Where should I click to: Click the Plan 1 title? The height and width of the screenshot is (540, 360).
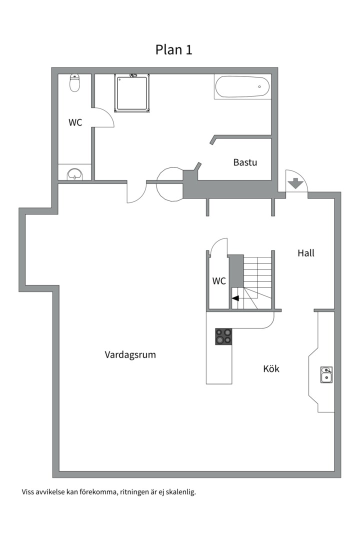pyautogui.click(x=173, y=49)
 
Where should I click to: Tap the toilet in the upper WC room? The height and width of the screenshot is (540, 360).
pyautogui.click(x=75, y=83)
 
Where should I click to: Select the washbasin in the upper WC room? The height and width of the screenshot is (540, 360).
pyautogui.click(x=74, y=174)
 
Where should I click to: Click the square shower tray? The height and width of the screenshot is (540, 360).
pyautogui.click(x=132, y=93)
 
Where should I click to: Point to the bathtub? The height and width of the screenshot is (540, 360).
pyautogui.click(x=242, y=87)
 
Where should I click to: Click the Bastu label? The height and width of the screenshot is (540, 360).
pyautogui.click(x=245, y=162)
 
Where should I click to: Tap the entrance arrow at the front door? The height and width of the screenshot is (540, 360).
pyautogui.click(x=295, y=183)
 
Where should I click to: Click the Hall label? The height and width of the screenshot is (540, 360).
pyautogui.click(x=306, y=253)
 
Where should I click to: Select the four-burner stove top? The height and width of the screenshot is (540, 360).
pyautogui.click(x=223, y=336)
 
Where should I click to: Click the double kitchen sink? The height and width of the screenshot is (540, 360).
pyautogui.click(x=326, y=375)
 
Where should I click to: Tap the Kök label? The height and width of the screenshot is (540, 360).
pyautogui.click(x=271, y=369)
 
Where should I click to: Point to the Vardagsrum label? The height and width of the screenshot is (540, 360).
pyautogui.click(x=130, y=354)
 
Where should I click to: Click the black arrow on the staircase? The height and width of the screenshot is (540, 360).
pyautogui.click(x=235, y=298)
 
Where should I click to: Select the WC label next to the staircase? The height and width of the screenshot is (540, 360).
pyautogui.click(x=219, y=281)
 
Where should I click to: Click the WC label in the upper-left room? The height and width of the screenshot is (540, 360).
pyautogui.click(x=75, y=122)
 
